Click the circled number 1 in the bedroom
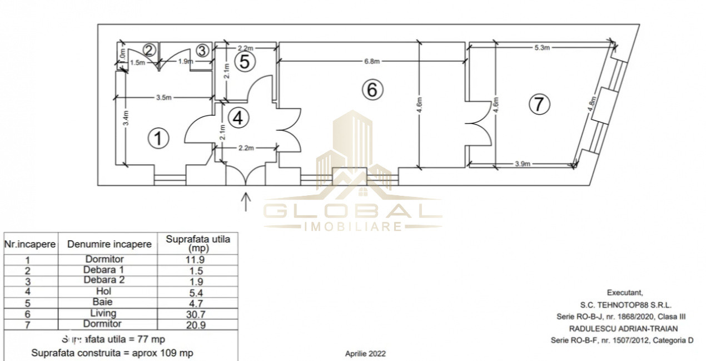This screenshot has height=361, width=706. (160, 138)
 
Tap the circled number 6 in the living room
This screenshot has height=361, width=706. (372, 89)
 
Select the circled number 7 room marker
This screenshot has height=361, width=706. (539, 104)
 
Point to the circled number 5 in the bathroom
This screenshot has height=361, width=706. (245, 62)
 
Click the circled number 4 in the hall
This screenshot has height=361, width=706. (238, 117)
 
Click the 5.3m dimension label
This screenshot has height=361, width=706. (542, 48)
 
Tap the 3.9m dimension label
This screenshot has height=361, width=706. (523, 164)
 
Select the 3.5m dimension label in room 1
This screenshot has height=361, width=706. (163, 97)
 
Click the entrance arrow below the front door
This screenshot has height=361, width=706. (246, 201)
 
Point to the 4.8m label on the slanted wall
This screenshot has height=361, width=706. (591, 105)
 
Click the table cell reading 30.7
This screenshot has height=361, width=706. (198, 313)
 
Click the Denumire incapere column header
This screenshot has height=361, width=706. (109, 244)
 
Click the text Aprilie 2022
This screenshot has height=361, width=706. (365, 353)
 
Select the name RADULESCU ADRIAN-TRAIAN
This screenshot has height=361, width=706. (623, 329)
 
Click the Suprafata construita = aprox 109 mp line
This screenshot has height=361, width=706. (112, 353)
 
